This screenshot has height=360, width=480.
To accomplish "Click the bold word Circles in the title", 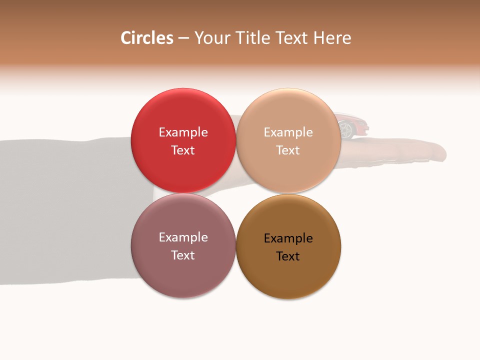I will point(146,38).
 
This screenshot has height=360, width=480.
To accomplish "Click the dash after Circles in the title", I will point(183,38).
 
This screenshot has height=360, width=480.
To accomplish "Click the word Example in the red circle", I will point(183,132).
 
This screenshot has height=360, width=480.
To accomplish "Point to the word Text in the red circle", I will point(183,150).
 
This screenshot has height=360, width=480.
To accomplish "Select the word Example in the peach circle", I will point(288,132).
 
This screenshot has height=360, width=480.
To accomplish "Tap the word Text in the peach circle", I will point(288,150).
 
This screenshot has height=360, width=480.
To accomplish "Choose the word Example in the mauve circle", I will point(183,237).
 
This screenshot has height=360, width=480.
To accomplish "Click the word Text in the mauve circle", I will point(183,255).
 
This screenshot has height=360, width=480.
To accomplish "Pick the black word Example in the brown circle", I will point(288,238).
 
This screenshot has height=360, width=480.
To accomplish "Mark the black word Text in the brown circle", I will point(288,256).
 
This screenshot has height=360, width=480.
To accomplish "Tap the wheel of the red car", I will point(346,130).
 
